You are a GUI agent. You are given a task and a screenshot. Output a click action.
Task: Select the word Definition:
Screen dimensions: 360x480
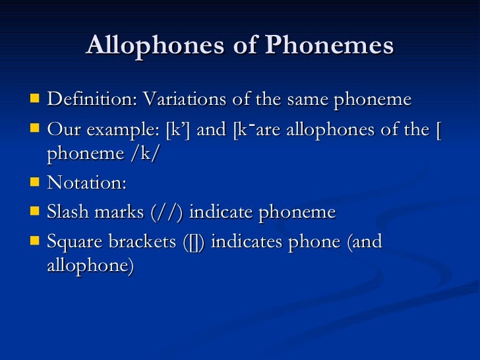(x=92, y=100)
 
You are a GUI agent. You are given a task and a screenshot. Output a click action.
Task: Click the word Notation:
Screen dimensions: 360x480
(x=86, y=183)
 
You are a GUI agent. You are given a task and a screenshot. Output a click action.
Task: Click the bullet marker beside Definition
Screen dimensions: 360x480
(x=34, y=100)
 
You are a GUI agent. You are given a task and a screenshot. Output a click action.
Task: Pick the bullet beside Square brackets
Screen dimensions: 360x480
(x=34, y=241)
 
